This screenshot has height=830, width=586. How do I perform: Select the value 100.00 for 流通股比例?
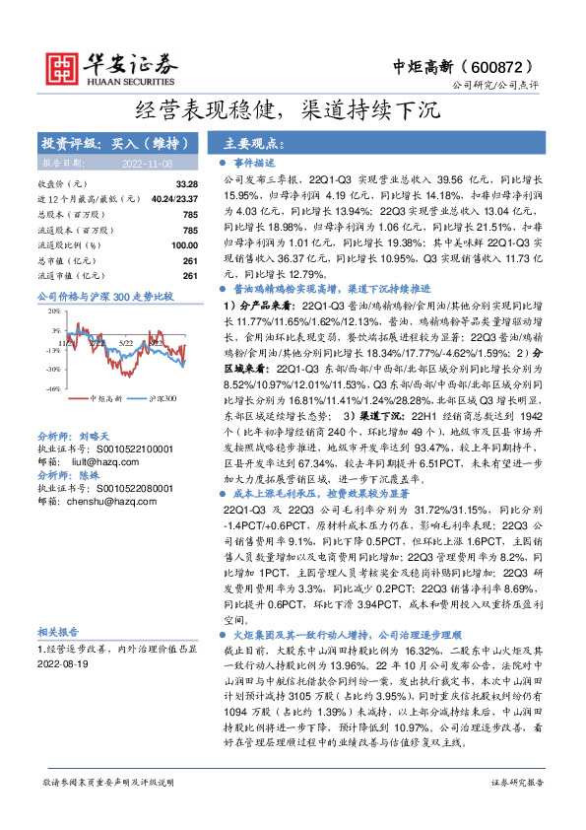tap(183, 244)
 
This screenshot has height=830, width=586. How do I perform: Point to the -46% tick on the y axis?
tap(53, 389)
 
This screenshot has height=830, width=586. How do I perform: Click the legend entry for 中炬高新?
tap(104, 399)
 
